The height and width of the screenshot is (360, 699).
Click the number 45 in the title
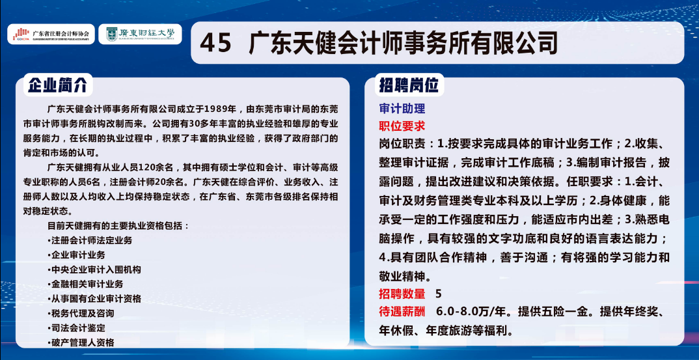[215, 43]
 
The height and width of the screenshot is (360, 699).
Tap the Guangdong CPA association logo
[51, 34]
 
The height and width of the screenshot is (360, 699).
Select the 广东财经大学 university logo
[140, 34]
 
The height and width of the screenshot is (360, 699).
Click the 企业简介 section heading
[57, 85]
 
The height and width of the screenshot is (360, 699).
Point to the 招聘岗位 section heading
[408, 85]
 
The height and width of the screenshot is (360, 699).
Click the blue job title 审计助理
[402, 109]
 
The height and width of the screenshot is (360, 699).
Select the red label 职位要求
[402, 126]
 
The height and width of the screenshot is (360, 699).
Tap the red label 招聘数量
[402, 294]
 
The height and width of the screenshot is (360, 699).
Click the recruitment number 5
[438, 294]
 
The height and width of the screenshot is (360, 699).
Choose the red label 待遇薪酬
[402, 311]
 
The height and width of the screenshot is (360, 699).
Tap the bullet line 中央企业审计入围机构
[94, 269]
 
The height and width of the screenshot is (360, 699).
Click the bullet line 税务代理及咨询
[81, 313]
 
